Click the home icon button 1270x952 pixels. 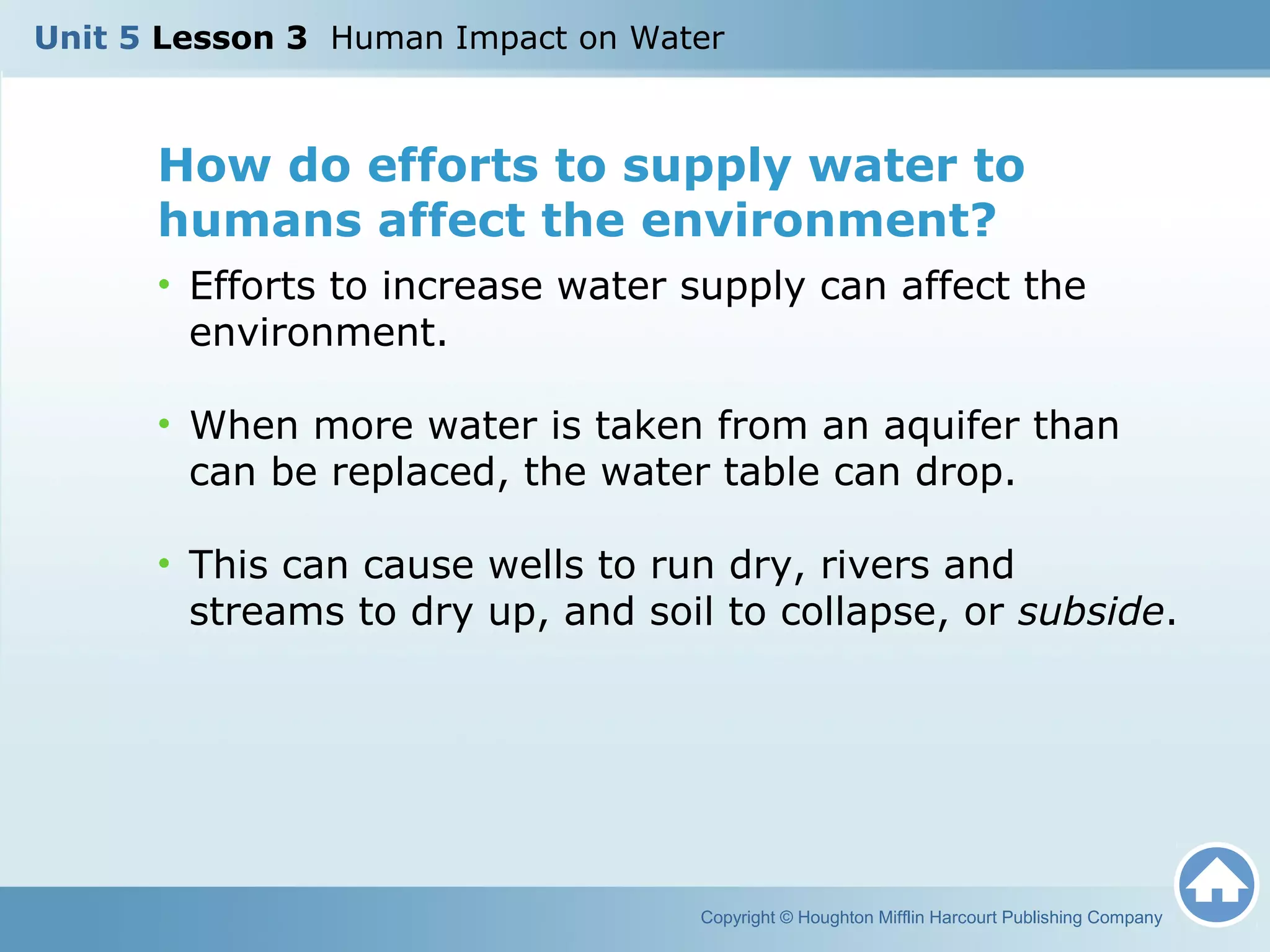1216,885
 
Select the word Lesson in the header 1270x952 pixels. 213,38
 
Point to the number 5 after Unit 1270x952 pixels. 130,38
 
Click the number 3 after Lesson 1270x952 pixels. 297,38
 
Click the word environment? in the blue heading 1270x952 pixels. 818,221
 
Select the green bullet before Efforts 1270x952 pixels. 164,284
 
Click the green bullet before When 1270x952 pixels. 164,424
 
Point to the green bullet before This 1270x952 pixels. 164,563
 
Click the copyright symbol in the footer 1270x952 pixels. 786,917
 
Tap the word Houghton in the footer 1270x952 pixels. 835,917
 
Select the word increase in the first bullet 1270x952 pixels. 462,286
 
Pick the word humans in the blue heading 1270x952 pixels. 260,221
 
